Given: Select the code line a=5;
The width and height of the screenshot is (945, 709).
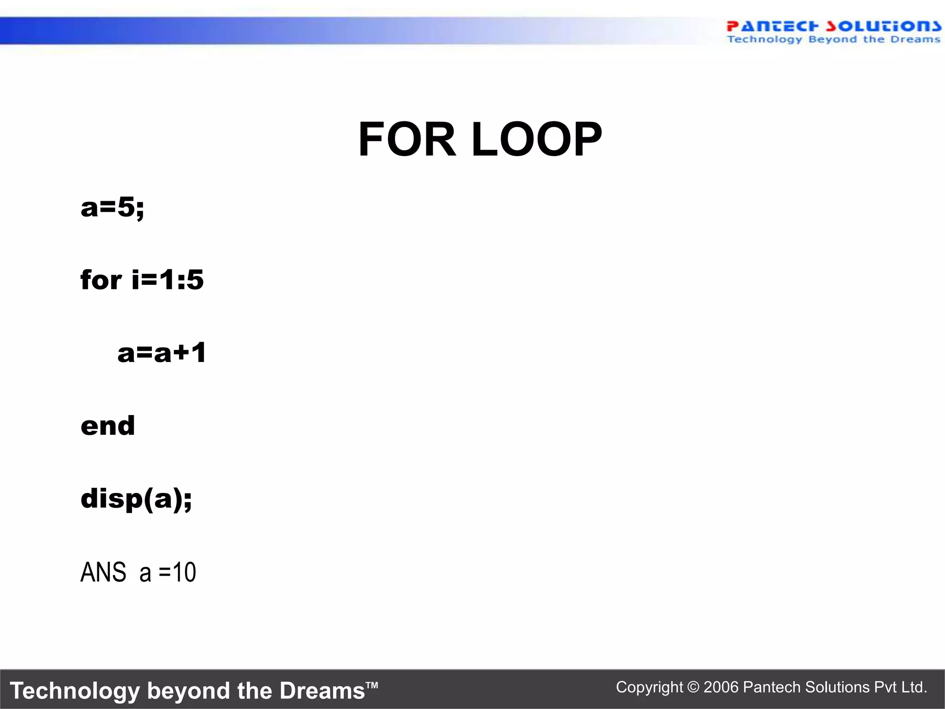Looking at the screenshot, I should [112, 207].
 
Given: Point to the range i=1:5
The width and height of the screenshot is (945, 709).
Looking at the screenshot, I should [167, 280].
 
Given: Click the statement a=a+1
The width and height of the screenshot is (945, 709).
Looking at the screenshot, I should [162, 353].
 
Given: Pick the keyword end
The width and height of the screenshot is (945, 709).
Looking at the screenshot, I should [108, 425].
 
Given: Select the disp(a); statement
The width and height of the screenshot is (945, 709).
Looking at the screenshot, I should [136, 499].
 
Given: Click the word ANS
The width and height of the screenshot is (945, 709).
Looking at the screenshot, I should [103, 572].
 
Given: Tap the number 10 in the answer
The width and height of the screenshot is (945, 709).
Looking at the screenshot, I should [184, 572].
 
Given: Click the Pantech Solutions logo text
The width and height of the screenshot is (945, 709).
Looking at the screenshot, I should [833, 26].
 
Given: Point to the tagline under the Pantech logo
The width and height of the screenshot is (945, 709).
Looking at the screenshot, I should [833, 40].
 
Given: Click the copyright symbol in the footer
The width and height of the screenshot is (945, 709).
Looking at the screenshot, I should [693, 687].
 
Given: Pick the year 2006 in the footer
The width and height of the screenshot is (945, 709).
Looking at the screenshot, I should [722, 687].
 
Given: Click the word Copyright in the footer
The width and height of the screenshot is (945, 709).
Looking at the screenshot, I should [649, 687].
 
